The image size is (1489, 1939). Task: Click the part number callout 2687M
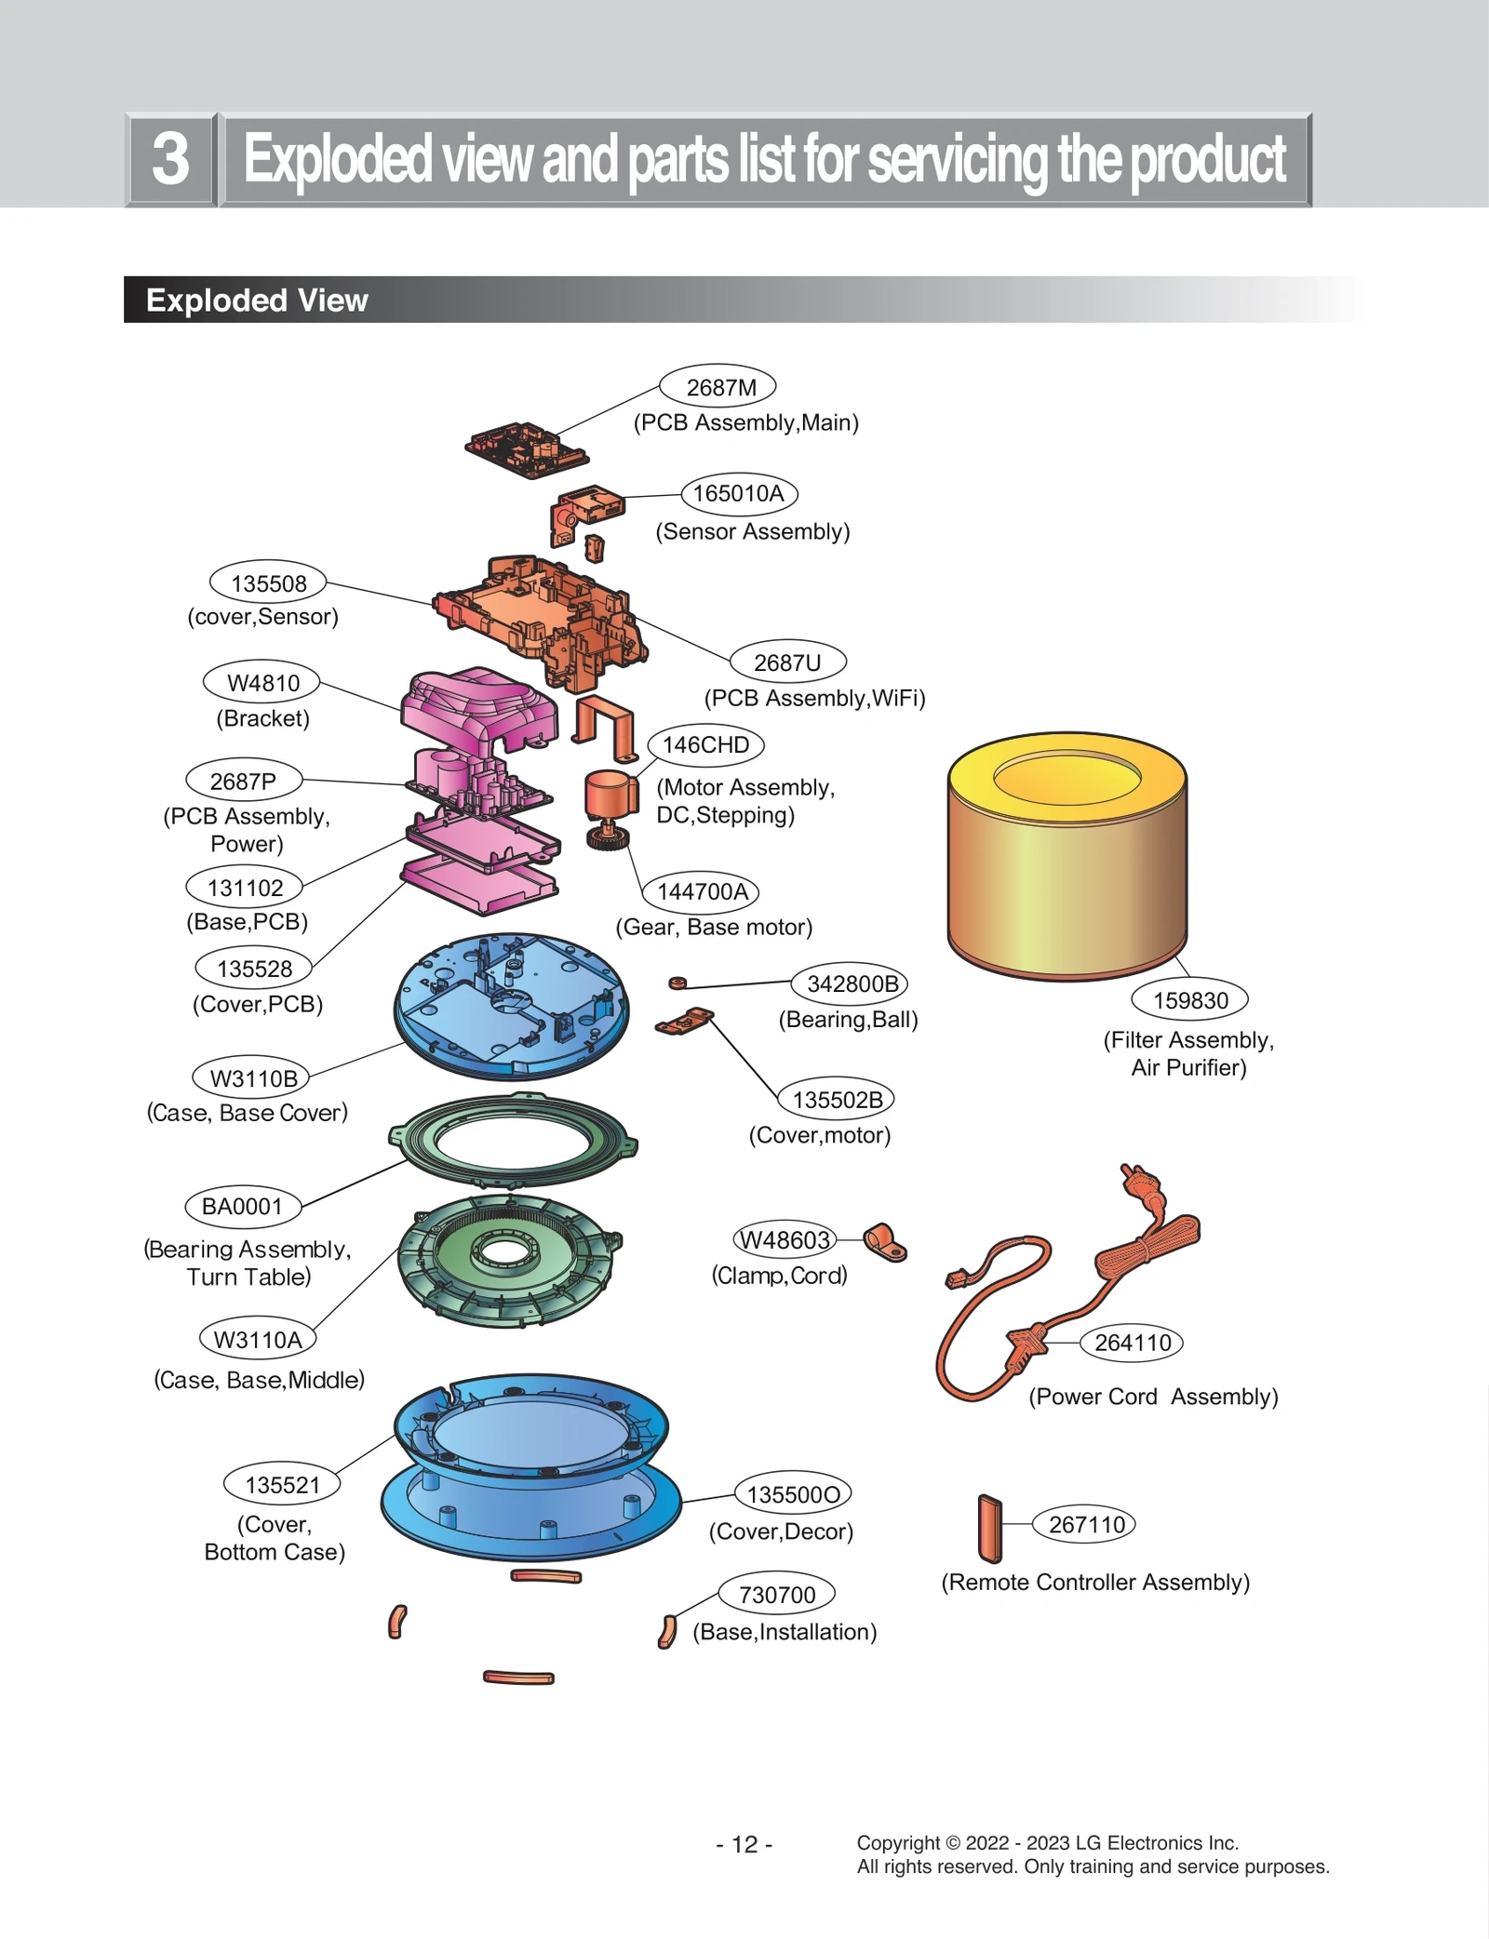pyautogui.click(x=718, y=387)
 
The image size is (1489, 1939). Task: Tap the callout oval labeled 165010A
pyautogui.click(x=739, y=493)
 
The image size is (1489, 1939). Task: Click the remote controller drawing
pyautogui.click(x=989, y=1528)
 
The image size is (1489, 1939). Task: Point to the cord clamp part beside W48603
pyautogui.click(x=884, y=1242)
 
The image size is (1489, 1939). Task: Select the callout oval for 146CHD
pyautogui.click(x=705, y=745)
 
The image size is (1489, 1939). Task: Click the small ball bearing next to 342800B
pyautogui.click(x=677, y=983)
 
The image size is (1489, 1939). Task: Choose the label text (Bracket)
pyautogui.click(x=262, y=718)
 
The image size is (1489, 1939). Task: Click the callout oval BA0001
pyautogui.click(x=242, y=1207)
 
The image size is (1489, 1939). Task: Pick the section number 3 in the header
pyautogui.click(x=171, y=159)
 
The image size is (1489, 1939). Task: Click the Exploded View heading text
pyautogui.click(x=257, y=301)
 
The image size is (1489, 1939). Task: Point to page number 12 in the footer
pyautogui.click(x=744, y=1844)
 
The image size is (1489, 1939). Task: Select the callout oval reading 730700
pyautogui.click(x=776, y=1595)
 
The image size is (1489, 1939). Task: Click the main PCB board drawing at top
pyautogui.click(x=526, y=448)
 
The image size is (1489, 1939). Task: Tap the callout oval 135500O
pyautogui.click(x=793, y=1494)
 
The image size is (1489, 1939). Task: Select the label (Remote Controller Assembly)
pyautogui.click(x=1095, y=1582)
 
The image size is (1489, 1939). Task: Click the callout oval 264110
pyautogui.click(x=1132, y=1343)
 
